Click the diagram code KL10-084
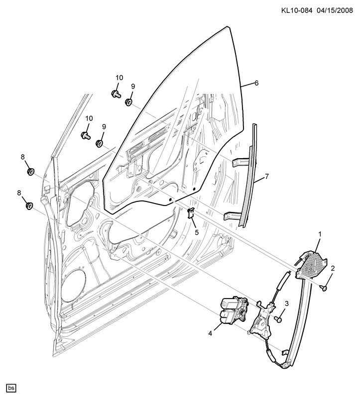coord(296,10)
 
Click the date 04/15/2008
coord(335,10)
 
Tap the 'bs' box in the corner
coord(11,388)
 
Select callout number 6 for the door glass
coord(256,83)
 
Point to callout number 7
coord(266,177)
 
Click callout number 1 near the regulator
coord(320,234)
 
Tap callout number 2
coord(333,268)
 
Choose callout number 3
coord(287,303)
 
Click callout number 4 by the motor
coord(210,333)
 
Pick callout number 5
coord(197,232)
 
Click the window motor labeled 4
coord(233,310)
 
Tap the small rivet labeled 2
coord(324,288)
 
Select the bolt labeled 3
coord(278,319)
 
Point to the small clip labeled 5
coord(191,213)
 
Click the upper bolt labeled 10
coord(116,94)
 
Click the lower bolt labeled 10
coord(86,135)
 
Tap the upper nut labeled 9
coord(129,102)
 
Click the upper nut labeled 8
coord(31,172)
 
